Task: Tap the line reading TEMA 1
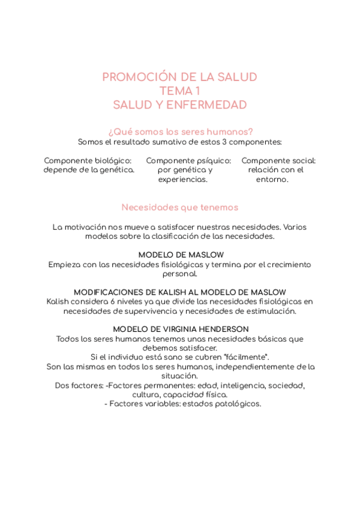179,91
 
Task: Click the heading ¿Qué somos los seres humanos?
180,131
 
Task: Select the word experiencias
183,179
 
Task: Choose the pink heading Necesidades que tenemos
180,208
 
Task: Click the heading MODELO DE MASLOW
181,255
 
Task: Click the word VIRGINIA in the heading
179,330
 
